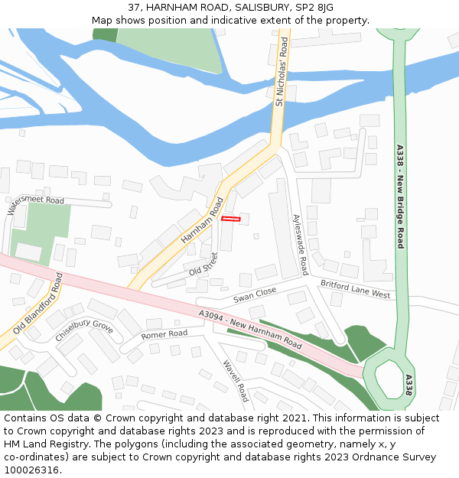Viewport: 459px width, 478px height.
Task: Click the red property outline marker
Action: click(230, 219)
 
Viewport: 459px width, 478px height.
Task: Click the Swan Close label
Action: click(255, 294)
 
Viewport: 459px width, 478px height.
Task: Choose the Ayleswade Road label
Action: click(300, 244)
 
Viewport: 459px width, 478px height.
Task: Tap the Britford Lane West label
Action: click(355, 289)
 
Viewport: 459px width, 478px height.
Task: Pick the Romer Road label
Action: click(164, 334)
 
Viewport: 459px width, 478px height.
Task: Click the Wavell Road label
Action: click(236, 381)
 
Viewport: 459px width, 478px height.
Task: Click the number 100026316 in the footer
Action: click(31, 470)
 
